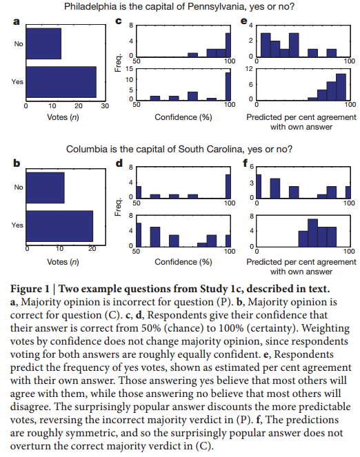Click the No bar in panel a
(43, 43)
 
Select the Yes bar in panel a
(61, 82)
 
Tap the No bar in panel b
(46, 187)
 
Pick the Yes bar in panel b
(59, 226)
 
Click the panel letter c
(119, 21)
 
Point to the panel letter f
(245, 163)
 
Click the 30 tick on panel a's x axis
(105, 105)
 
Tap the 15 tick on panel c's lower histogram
(130, 69)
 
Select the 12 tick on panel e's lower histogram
(249, 69)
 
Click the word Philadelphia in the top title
(90, 6)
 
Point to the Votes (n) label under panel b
(63, 262)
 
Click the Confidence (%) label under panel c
(183, 117)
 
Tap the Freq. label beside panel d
(118, 207)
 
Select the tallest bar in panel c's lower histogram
(228, 87)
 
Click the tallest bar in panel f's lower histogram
(313, 233)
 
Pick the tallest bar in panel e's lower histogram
(341, 87)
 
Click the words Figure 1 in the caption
(30, 289)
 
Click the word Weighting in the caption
(326, 329)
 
